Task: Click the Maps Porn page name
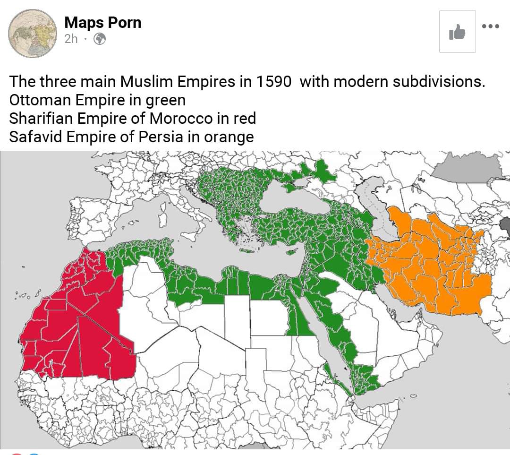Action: point(102,22)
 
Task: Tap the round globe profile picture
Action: point(33,34)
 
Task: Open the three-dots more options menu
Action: point(490,26)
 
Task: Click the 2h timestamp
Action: point(71,39)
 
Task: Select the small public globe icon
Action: point(99,39)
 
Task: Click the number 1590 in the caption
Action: point(274,82)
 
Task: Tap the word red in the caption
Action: point(244,119)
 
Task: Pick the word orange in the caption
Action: point(229,137)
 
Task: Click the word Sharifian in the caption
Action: point(41,119)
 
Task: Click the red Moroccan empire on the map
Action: point(80,326)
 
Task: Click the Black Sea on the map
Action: point(293,198)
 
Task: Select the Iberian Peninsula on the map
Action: point(94,217)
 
